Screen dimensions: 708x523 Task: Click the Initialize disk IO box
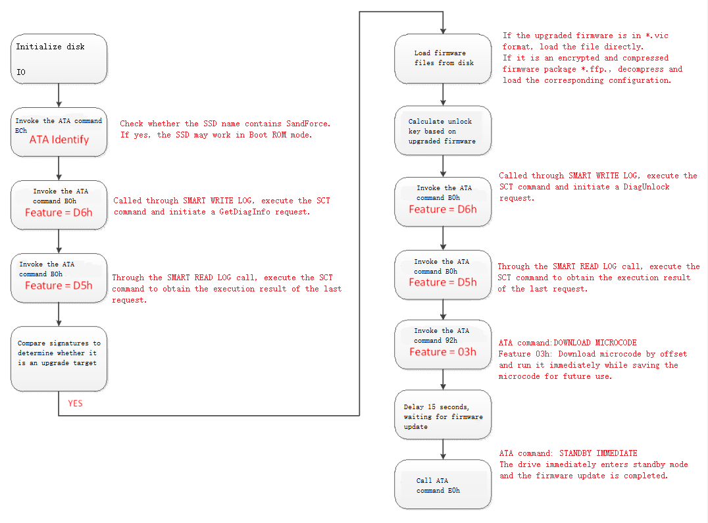coord(59,59)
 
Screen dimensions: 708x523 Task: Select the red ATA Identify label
coord(59,140)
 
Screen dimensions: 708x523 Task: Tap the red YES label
coord(76,403)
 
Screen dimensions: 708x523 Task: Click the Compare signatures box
coord(59,359)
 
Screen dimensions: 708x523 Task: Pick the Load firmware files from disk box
coord(443,59)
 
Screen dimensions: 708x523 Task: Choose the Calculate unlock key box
coord(443,131)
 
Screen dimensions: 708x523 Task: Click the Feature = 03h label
coord(443,352)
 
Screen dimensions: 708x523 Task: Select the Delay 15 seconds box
coord(443,414)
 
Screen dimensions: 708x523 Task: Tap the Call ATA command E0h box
coord(443,484)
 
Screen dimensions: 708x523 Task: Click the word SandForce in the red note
coord(308,124)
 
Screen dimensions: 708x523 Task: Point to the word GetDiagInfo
coord(245,212)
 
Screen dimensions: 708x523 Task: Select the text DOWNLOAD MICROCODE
coord(595,343)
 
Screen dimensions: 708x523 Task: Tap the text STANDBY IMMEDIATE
coord(598,453)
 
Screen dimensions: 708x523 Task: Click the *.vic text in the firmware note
coord(657,36)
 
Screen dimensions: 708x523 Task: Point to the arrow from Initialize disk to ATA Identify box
coord(59,95)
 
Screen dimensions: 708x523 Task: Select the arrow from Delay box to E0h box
coord(443,449)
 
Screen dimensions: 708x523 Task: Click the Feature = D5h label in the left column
coord(59,286)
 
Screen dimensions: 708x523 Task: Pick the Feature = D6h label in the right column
coord(443,209)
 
